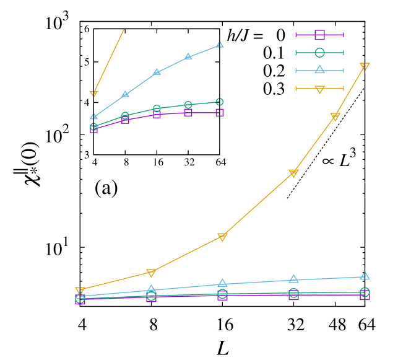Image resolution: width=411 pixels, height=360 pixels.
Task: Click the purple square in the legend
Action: click(319, 35)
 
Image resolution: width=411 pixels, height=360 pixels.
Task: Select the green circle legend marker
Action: click(319, 53)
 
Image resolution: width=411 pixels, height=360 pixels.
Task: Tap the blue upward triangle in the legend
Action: click(319, 70)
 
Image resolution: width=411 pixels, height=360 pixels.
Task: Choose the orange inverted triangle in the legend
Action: click(319, 89)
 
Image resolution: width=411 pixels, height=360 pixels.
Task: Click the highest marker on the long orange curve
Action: click(365, 66)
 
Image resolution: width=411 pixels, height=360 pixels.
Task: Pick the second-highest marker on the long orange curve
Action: click(335, 116)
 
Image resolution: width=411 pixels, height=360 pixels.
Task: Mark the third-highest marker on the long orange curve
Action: click(293, 173)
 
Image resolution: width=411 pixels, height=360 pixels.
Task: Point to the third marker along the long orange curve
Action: click(222, 237)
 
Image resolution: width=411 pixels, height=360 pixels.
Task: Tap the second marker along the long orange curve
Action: click(151, 273)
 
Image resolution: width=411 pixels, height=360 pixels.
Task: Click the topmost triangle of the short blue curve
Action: click(220, 45)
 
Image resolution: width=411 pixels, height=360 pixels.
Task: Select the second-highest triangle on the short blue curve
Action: click(188, 57)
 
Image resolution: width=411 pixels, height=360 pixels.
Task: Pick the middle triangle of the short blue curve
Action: click(157, 72)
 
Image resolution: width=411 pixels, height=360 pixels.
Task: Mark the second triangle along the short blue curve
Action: click(125, 94)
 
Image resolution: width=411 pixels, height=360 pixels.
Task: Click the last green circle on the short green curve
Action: click(220, 102)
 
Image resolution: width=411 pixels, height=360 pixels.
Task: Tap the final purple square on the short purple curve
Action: click(220, 112)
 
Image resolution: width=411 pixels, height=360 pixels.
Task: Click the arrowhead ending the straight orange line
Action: click(93, 94)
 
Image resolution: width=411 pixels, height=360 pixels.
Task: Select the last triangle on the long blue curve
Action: click(365, 276)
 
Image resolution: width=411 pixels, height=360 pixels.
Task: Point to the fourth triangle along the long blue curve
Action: click(293, 279)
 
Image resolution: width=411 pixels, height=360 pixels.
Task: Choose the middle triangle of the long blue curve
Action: click(222, 283)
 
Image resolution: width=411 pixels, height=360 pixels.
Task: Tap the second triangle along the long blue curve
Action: click(151, 289)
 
